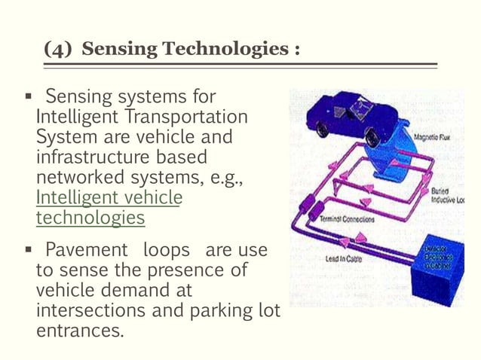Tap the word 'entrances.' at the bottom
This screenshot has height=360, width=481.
point(79,329)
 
